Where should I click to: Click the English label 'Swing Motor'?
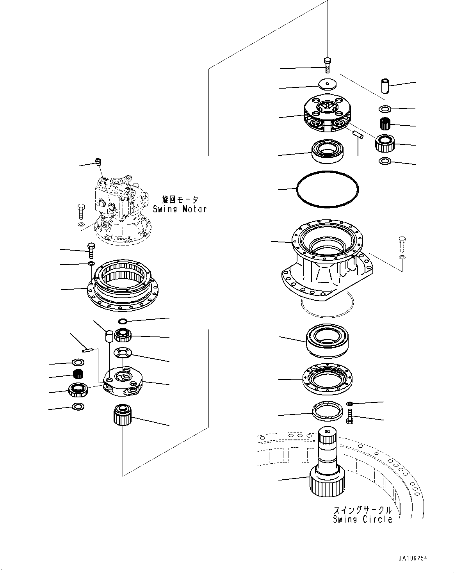click(180, 209)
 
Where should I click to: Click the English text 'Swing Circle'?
click(362, 519)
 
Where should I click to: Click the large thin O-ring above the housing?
click(327, 189)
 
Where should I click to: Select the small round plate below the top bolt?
click(327, 84)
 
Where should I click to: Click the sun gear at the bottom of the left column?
click(123, 416)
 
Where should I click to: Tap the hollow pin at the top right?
click(385, 86)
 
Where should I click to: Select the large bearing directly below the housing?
click(329, 340)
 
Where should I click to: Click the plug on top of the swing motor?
click(98, 162)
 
